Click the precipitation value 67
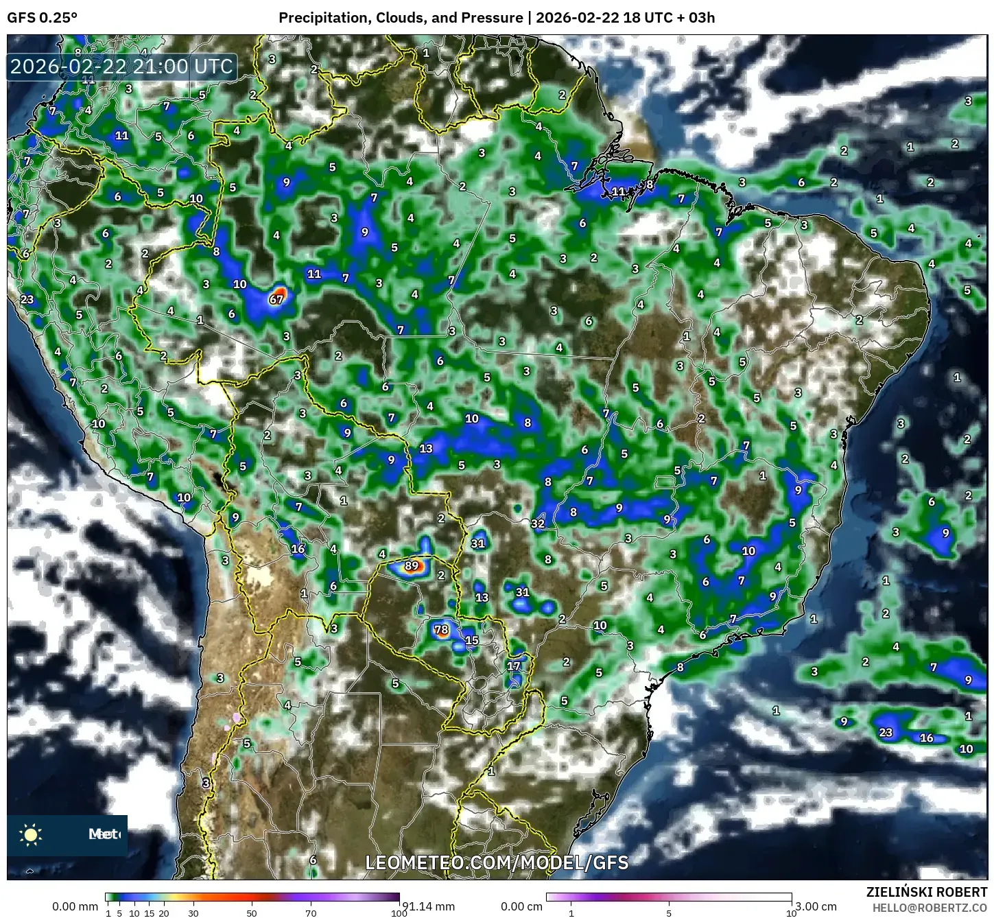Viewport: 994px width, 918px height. click(x=276, y=299)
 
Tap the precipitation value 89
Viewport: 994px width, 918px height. click(x=412, y=566)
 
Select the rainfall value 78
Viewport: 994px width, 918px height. click(x=441, y=630)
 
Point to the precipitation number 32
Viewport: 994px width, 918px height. click(x=538, y=523)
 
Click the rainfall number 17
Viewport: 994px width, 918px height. click(x=514, y=666)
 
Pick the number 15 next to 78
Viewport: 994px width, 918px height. click(x=472, y=641)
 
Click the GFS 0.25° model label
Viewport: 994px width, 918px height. click(x=43, y=18)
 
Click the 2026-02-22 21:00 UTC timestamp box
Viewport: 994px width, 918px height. click(x=122, y=67)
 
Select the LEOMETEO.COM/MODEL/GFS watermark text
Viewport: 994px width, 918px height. click(x=497, y=862)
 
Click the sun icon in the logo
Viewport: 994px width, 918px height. click(x=31, y=834)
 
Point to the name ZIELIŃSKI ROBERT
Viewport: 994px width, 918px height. click(x=927, y=892)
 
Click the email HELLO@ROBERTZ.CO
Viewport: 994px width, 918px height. click(x=930, y=907)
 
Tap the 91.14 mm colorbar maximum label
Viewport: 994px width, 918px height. click(x=428, y=906)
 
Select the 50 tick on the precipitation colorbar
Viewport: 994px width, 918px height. click(x=252, y=913)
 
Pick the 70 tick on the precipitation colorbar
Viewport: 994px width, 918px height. click(x=311, y=913)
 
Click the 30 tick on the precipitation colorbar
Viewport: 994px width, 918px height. click(x=193, y=913)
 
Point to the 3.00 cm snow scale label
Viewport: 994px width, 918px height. click(x=815, y=906)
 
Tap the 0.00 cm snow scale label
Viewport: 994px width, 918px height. click(x=521, y=906)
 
